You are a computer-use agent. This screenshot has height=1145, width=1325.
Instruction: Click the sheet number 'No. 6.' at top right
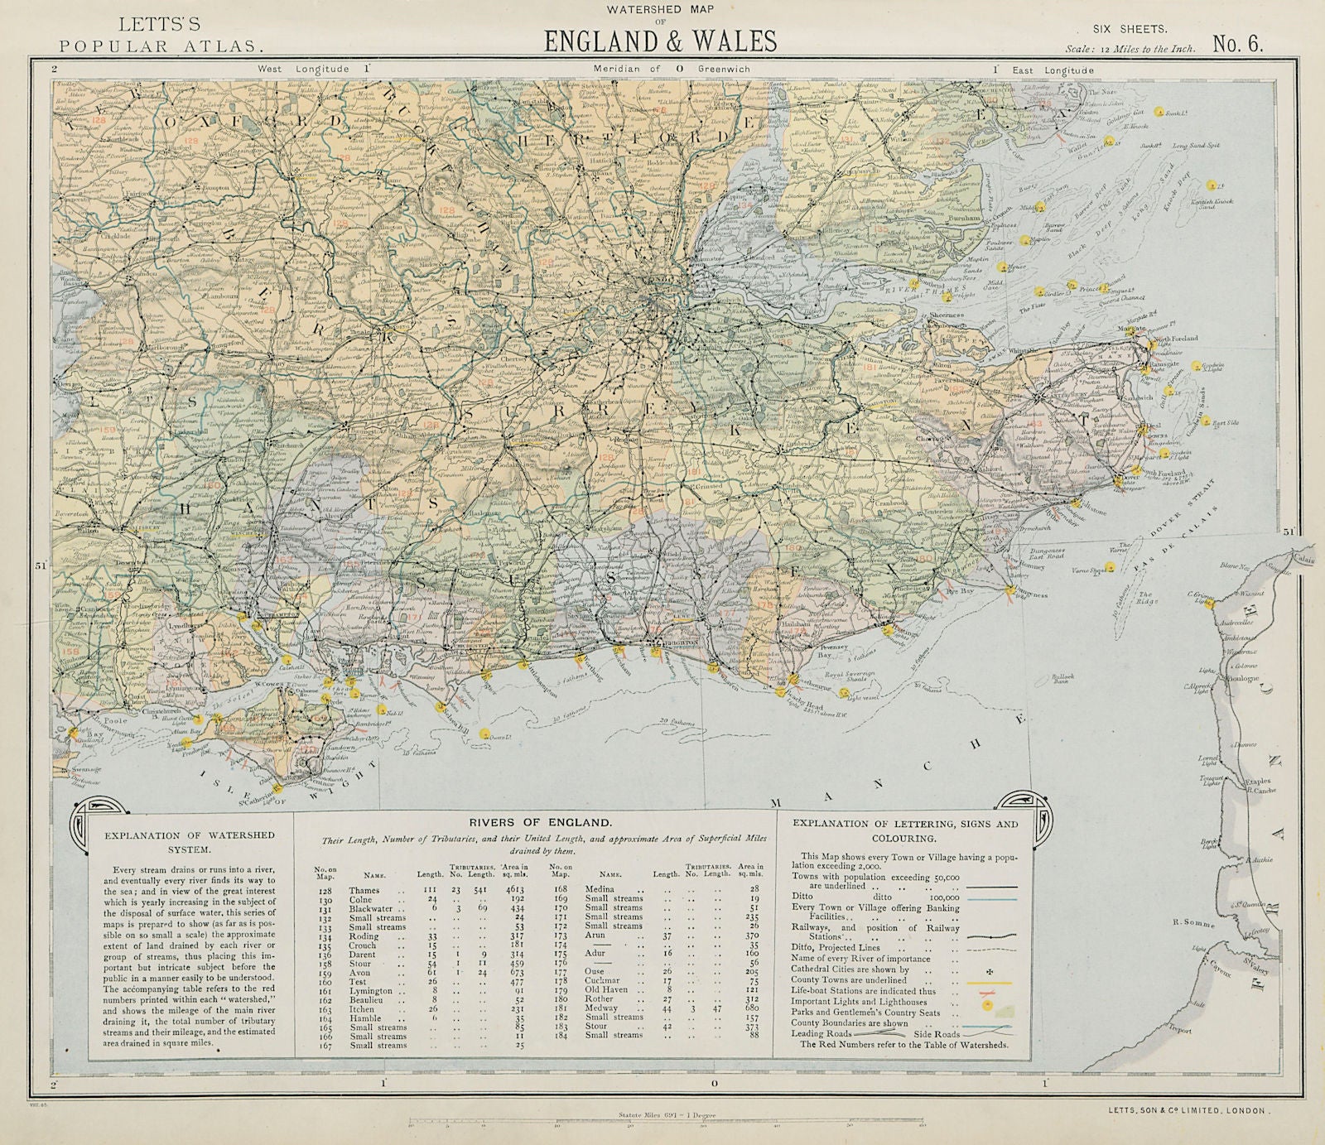(1238, 44)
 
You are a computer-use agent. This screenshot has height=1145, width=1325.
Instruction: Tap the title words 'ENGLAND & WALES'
(659, 41)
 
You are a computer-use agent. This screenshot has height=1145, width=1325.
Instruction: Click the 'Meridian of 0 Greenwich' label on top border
(671, 70)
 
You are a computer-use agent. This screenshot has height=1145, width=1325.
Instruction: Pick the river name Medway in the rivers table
(600, 1008)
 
